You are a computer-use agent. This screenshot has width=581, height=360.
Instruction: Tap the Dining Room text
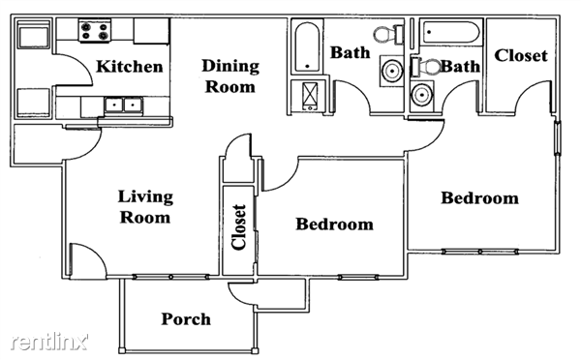tap(229, 76)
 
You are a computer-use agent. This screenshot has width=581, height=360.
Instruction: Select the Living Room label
tap(145, 207)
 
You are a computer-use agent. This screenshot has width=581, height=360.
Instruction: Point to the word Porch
tap(186, 318)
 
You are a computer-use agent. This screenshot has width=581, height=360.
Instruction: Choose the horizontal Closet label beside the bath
tap(521, 55)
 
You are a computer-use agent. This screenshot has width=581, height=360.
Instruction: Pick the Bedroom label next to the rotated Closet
tap(334, 225)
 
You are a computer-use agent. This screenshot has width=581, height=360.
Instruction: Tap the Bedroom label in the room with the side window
tap(479, 198)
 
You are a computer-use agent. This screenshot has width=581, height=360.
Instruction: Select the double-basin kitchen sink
tap(122, 104)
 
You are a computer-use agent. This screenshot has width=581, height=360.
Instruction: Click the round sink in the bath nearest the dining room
tap(391, 73)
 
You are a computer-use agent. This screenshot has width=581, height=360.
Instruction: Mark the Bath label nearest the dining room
tap(349, 52)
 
